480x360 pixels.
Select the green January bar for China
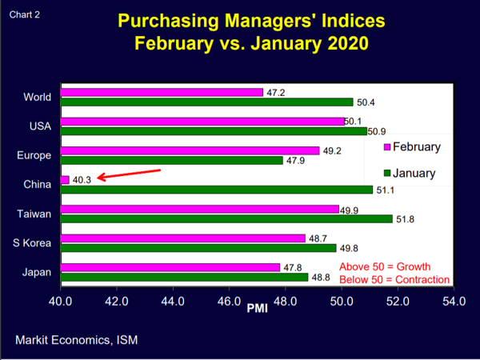click(216, 190)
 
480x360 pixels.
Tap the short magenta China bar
click(65, 180)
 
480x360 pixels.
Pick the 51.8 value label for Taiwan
click(406, 218)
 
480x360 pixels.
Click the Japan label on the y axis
click(37, 272)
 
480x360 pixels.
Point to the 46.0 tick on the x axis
click(229, 302)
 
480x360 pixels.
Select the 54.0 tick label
click(454, 302)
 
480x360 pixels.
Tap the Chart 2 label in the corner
click(23, 14)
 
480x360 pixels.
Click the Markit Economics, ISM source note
click(76, 340)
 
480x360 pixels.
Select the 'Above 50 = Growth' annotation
click(385, 266)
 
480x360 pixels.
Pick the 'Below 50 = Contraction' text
click(394, 279)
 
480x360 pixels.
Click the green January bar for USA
click(214, 130)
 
